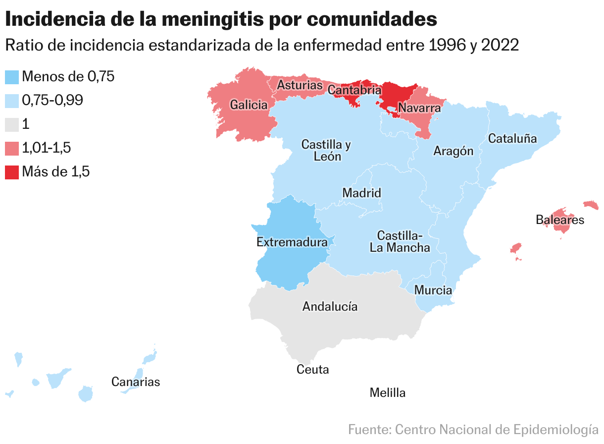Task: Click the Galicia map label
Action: (x=249, y=105)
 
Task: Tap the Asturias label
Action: (x=300, y=85)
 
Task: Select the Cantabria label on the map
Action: (x=354, y=90)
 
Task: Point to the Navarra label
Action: (x=419, y=108)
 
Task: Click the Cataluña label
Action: (x=512, y=139)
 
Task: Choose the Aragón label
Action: (x=453, y=151)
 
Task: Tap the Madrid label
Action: (x=362, y=193)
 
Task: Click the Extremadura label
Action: (x=292, y=242)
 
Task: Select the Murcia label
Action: (x=433, y=290)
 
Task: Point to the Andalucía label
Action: (x=330, y=306)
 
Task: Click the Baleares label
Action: (x=560, y=220)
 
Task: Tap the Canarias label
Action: (x=136, y=382)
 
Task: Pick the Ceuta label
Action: (x=312, y=369)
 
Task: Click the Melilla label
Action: (x=388, y=393)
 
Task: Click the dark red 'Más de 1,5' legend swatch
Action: (x=11, y=172)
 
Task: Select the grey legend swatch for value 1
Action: (x=11, y=124)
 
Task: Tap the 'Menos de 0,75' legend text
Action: (x=68, y=76)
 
